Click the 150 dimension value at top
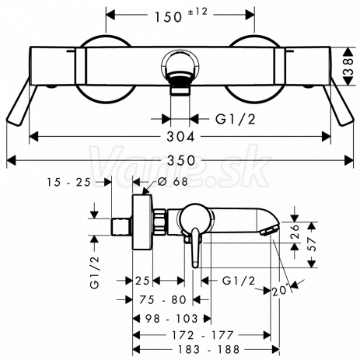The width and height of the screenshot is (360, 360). (x=169, y=17)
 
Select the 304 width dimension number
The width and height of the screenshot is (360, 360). (x=180, y=137)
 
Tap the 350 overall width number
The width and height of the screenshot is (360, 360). (x=181, y=160)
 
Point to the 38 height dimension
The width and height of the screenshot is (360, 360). (x=350, y=67)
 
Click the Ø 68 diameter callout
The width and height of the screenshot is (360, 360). (x=173, y=181)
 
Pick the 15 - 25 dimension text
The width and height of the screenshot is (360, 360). (x=68, y=183)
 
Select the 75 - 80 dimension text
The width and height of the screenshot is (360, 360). (x=163, y=300)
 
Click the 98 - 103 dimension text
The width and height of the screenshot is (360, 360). (x=171, y=319)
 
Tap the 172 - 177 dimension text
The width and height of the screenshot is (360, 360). (x=203, y=335)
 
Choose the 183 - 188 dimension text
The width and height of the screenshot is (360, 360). (x=208, y=349)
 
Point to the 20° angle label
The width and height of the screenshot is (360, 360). (x=281, y=290)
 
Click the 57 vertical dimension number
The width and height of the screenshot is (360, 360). (x=313, y=244)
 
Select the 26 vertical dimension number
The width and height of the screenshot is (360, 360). (x=295, y=232)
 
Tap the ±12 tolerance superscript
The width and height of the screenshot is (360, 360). (x=197, y=12)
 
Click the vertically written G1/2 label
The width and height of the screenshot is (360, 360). (x=95, y=272)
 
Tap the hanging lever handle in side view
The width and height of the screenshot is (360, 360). (x=196, y=247)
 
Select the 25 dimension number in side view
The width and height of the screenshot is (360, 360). (x=142, y=281)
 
